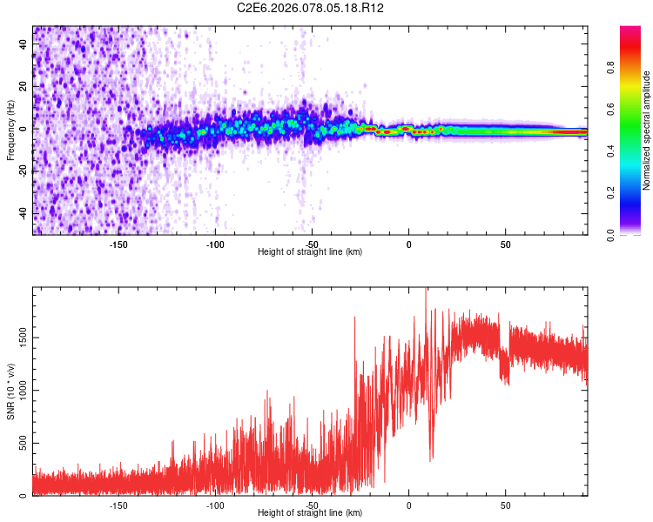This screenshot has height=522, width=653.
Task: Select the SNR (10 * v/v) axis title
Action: coord(10,391)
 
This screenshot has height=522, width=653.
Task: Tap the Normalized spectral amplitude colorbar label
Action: coord(647,130)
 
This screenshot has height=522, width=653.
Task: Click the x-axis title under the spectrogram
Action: coord(310,251)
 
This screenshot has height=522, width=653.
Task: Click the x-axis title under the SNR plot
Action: coord(310,512)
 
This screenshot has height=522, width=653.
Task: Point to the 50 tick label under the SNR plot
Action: coord(505,505)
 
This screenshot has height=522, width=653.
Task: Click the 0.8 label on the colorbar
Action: coord(611,68)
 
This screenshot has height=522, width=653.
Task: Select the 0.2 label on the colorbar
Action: coord(611,193)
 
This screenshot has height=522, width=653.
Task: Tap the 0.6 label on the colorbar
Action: coord(611,110)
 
